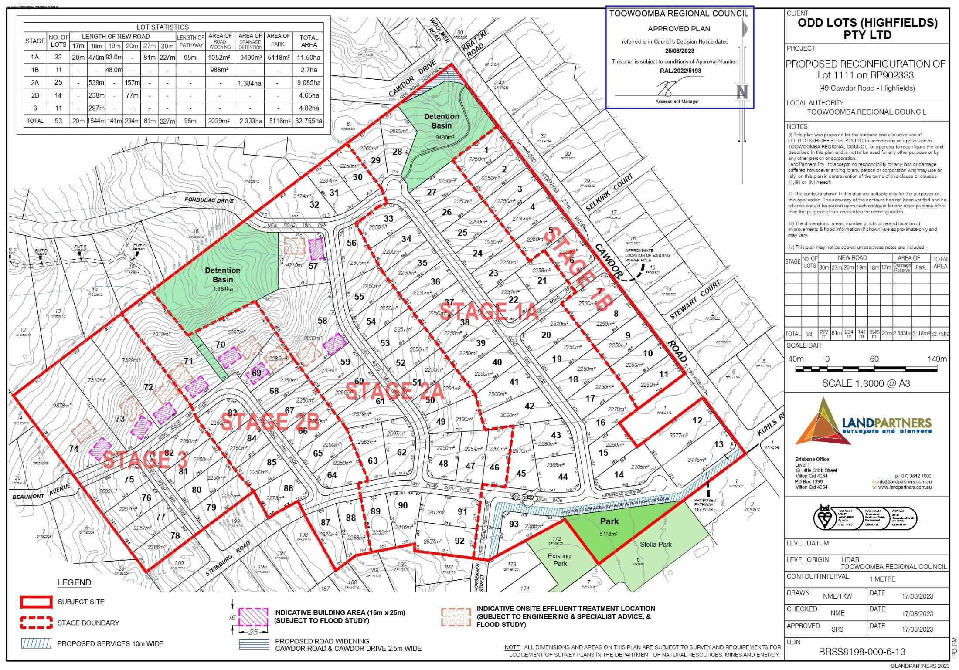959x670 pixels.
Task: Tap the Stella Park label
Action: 656,544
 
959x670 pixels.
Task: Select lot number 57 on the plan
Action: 313,266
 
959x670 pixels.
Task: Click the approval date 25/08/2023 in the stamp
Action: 679,51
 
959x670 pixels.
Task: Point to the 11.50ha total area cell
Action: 309,57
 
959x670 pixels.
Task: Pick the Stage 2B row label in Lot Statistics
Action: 35,95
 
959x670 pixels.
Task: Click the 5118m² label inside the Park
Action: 609,534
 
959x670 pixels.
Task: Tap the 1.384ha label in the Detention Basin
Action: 223,288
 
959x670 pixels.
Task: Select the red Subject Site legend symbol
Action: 36,602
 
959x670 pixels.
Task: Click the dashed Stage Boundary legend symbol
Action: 36,623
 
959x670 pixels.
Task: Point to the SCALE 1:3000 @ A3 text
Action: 866,383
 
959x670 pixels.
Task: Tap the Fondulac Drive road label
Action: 209,200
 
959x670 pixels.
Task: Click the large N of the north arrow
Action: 742,92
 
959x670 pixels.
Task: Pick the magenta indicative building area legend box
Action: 253,617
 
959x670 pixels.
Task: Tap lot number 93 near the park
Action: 514,524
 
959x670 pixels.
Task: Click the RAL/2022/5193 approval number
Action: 680,71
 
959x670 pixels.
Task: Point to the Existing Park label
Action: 559,559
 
